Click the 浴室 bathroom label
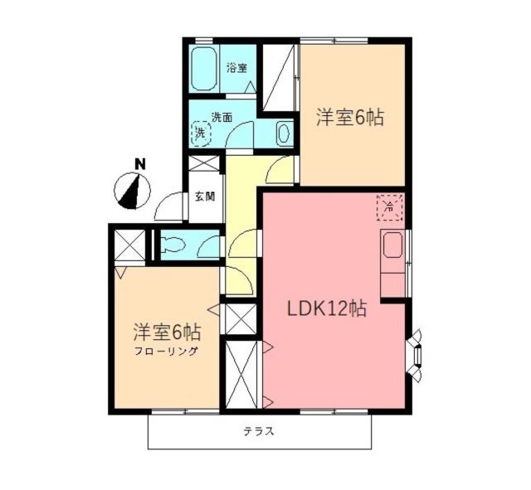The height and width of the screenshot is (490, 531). tap(236, 68)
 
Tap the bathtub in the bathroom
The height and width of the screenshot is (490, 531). tap(203, 67)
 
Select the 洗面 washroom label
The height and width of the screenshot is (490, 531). tap(222, 117)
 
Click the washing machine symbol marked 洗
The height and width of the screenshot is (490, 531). tap(200, 132)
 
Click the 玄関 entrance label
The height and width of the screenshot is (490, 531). tap(205, 197)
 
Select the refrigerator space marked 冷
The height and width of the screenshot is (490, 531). tap(389, 207)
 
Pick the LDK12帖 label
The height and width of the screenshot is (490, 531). tap(327, 308)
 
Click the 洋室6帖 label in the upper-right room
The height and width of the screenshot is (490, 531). tap(349, 118)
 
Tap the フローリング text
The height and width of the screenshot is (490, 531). tap(167, 352)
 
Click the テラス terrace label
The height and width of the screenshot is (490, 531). tap(259, 431)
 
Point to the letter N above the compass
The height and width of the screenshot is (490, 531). tap(140, 164)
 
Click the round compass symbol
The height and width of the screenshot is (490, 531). tap(132, 192)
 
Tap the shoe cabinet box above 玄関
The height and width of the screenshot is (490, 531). tap(205, 163)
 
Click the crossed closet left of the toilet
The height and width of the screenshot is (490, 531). tap(130, 245)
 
